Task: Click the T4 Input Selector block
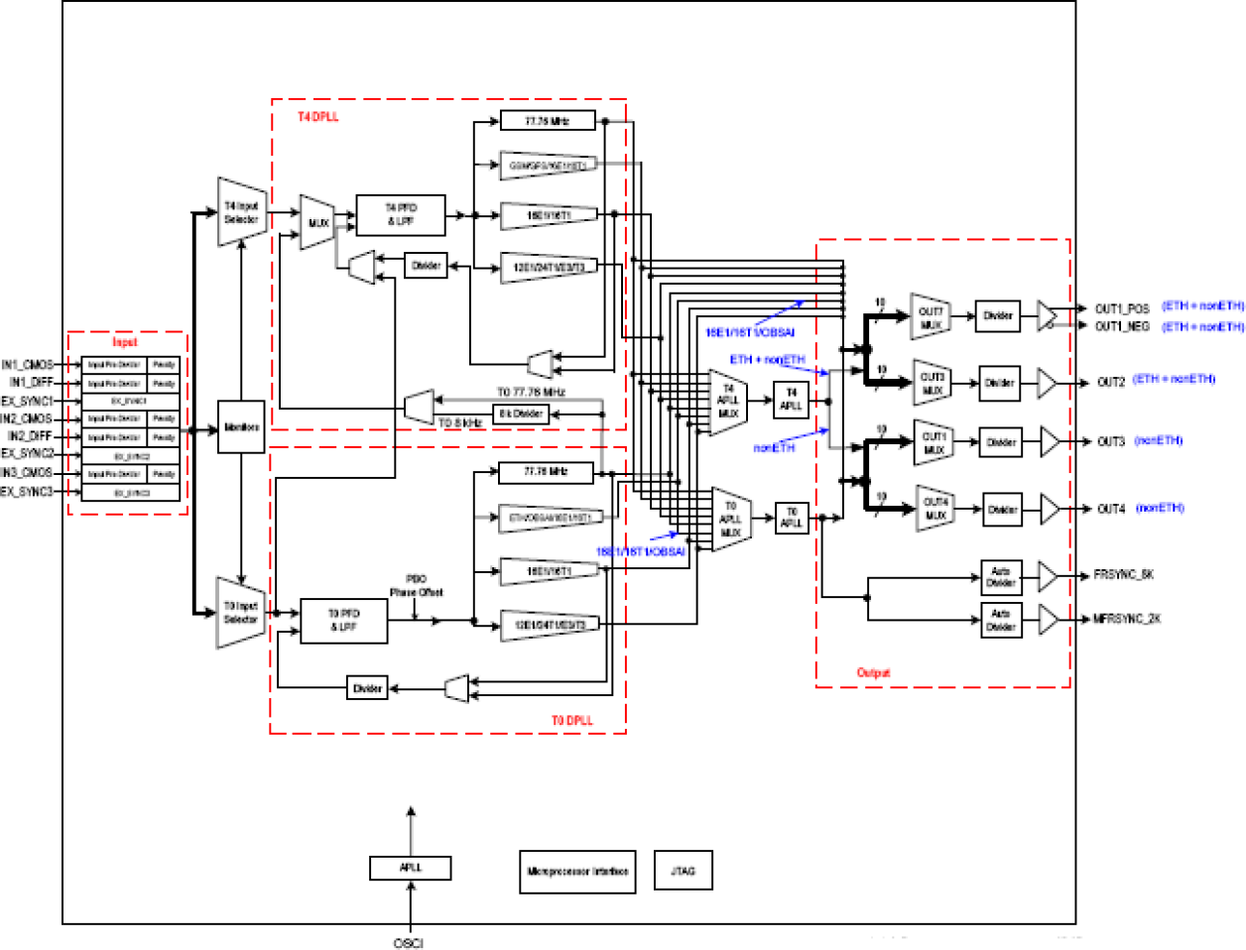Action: point(242,212)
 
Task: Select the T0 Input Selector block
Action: point(241,613)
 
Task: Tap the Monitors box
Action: point(241,427)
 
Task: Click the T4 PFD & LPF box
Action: point(401,214)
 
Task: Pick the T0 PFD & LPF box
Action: point(343,621)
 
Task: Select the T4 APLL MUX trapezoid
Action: point(728,402)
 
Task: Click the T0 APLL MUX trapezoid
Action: point(730,520)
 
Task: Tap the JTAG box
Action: point(683,871)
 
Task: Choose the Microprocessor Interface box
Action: point(577,872)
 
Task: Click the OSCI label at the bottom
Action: point(408,942)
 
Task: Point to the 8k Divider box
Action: point(521,414)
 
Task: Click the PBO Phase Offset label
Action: point(416,586)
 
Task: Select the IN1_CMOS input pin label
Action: point(28,365)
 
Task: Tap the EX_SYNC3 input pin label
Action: point(27,492)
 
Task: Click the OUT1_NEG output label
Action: point(1122,326)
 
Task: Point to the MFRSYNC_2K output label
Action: point(1127,619)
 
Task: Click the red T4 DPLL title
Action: point(317,117)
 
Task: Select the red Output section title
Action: point(873,672)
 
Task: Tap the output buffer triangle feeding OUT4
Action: point(1049,509)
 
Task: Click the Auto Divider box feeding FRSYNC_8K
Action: point(1000,577)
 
